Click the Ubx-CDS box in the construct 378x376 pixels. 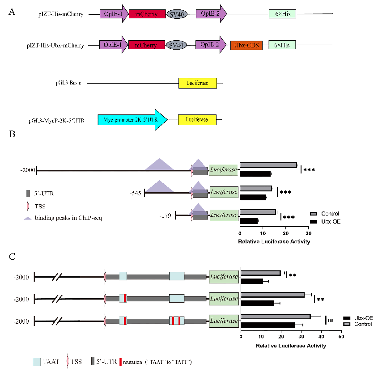coord(246,45)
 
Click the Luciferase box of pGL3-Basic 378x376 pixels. coord(197,83)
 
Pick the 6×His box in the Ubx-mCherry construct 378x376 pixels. coord(282,45)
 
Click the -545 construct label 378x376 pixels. coord(135,193)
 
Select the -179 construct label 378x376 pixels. coord(166,216)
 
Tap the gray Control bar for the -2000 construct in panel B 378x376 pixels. coord(268,165)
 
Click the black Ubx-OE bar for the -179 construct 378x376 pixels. coord(249,221)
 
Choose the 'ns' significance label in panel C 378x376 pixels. coord(331,320)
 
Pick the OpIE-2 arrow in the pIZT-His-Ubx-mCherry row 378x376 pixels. coord(211,45)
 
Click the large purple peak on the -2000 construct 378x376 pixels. coord(159,165)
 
